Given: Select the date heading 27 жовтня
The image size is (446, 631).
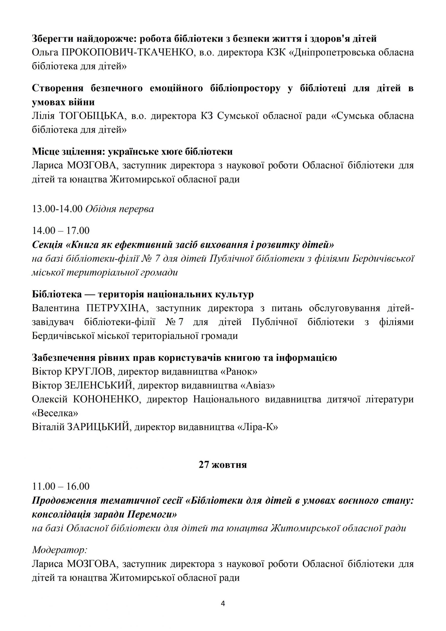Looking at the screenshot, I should pos(223,465).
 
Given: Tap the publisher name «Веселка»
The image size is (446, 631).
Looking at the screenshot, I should pos(55,413).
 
